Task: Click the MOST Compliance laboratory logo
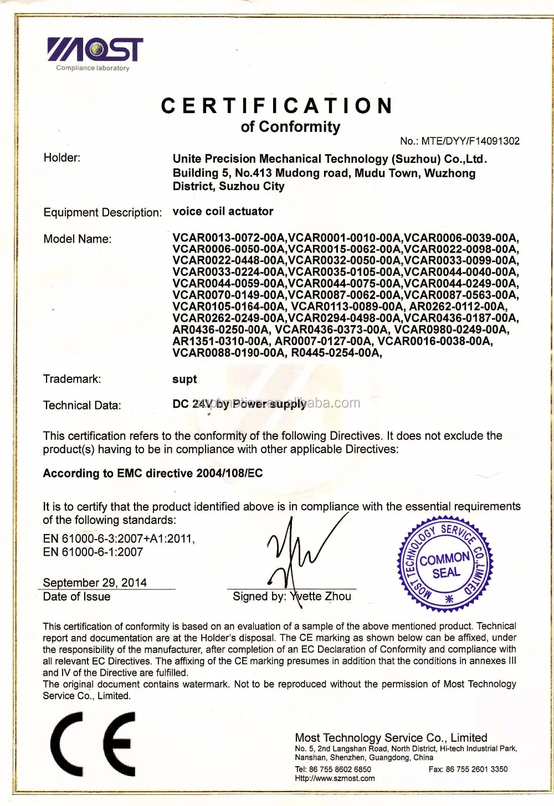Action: (x=95, y=53)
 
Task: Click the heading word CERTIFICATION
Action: (x=277, y=105)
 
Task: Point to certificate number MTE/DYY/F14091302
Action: (x=470, y=141)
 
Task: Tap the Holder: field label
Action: (x=62, y=158)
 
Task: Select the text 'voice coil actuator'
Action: (x=223, y=211)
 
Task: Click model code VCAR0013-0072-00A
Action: (x=229, y=238)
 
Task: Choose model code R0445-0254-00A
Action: (x=336, y=352)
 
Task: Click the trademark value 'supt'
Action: (x=184, y=379)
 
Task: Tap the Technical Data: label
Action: (x=82, y=405)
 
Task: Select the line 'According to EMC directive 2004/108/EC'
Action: (x=153, y=473)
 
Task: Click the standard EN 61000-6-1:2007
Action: (x=93, y=552)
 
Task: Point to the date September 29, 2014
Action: (x=95, y=582)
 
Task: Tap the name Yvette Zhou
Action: (x=321, y=597)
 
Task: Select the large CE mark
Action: (x=93, y=744)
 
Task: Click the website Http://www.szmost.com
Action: (x=335, y=778)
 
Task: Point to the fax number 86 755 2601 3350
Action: (x=476, y=769)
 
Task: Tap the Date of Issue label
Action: (x=76, y=597)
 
